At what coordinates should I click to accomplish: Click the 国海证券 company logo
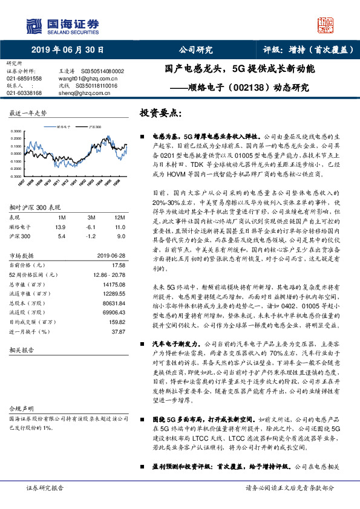62,25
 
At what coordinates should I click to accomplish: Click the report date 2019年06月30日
67,50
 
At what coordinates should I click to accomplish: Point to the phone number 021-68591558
24,79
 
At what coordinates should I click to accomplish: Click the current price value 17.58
119,265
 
